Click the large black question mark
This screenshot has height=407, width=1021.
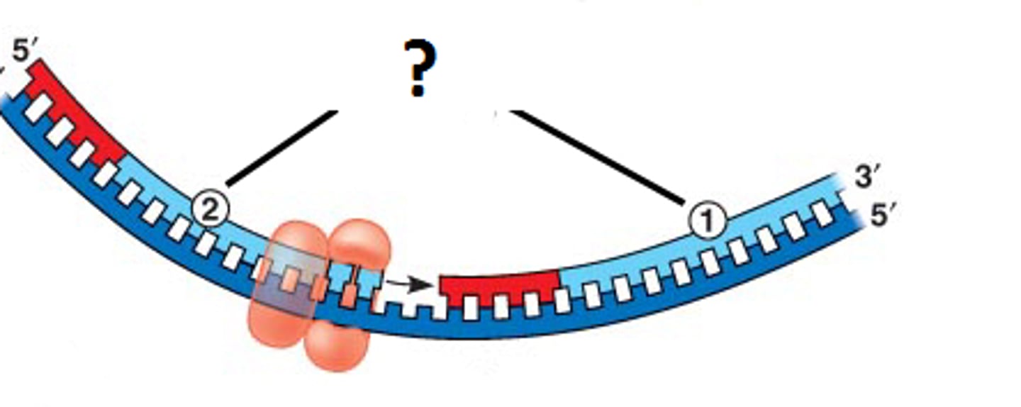pyautogui.click(x=420, y=69)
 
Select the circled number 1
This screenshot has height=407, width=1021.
pyautogui.click(x=707, y=222)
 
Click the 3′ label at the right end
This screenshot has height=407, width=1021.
pyautogui.click(x=867, y=177)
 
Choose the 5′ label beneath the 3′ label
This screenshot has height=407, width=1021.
pyautogui.click(x=883, y=215)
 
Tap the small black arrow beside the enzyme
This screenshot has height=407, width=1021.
pyautogui.click(x=408, y=284)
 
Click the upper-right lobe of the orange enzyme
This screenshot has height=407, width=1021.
pyautogui.click(x=361, y=245)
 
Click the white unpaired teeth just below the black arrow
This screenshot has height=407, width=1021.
pyautogui.click(x=411, y=306)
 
